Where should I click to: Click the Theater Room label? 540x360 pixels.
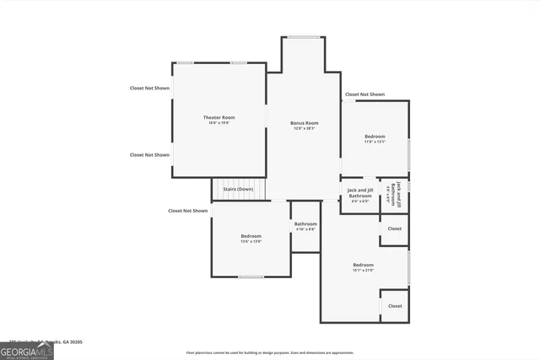(x=219, y=117)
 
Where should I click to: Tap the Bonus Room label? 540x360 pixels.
(x=304, y=123)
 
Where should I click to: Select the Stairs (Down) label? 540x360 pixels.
(x=238, y=190)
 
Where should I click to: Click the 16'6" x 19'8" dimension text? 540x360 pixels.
(x=219, y=123)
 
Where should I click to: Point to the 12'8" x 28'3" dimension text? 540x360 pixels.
(x=304, y=128)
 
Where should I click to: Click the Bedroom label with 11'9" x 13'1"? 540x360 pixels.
(x=375, y=136)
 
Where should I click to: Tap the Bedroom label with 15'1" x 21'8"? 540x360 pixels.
(x=363, y=265)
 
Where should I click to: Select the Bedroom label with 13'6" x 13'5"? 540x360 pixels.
(x=251, y=236)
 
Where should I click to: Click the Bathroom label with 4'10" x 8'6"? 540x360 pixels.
(x=305, y=223)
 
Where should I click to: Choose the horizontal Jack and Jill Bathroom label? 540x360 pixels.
(x=359, y=193)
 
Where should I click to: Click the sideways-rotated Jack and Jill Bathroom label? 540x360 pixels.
(x=393, y=194)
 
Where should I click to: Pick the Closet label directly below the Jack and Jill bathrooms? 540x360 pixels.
(x=394, y=228)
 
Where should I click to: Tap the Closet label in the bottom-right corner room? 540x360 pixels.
(x=394, y=306)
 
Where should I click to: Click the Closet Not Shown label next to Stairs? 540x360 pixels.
(x=187, y=211)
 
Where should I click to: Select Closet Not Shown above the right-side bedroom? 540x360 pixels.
(x=364, y=94)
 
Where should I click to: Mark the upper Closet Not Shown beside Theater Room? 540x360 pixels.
(x=149, y=88)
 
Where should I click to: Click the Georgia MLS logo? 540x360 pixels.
(x=27, y=351)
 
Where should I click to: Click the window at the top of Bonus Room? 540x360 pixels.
(x=303, y=36)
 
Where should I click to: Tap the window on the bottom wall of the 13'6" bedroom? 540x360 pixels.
(x=251, y=277)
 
